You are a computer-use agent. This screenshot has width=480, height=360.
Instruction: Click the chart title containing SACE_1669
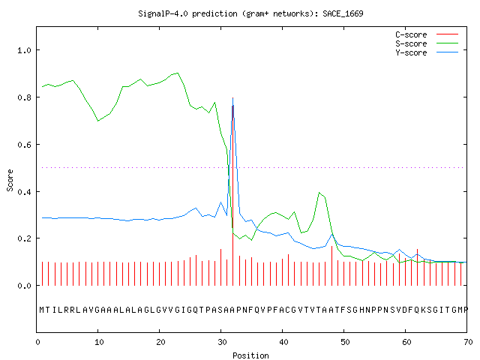[250, 13]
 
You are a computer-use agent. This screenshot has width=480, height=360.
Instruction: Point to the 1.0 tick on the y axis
[25, 50]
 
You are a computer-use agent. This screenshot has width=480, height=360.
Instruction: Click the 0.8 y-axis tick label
[25, 97]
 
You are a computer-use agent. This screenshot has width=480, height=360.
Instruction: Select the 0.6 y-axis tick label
[25, 145]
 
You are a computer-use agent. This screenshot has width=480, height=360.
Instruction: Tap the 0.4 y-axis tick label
[25, 192]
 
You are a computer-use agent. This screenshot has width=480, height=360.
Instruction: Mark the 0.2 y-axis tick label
[25, 238]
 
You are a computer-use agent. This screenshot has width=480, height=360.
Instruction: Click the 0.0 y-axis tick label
[25, 286]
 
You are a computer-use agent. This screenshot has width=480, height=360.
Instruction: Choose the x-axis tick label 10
[99, 342]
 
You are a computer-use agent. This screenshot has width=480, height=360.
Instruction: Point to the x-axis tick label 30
[222, 342]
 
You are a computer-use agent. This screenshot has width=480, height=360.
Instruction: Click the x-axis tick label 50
[345, 342]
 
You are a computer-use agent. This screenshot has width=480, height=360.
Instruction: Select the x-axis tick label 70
[468, 342]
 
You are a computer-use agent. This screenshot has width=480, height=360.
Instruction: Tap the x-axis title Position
[250, 355]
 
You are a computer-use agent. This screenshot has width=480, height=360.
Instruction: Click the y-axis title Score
[10, 180]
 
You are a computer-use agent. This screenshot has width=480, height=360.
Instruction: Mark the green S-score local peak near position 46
[319, 193]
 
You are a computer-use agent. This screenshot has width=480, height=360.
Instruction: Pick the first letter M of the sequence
[42, 310]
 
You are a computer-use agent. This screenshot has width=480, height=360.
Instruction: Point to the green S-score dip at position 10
[98, 121]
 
